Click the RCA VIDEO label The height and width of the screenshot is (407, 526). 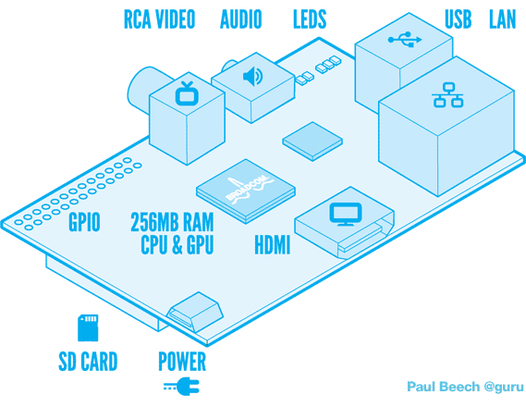(x=159, y=19)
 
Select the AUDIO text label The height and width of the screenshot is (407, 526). (x=240, y=19)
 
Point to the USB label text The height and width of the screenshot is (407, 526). (x=458, y=19)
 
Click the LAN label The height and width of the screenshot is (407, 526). (x=502, y=19)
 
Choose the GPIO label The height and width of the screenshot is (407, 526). (x=84, y=221)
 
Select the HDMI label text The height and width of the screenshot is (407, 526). (x=272, y=245)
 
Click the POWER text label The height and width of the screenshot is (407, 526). (x=182, y=361)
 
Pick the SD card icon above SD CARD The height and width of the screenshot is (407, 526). (x=87, y=327)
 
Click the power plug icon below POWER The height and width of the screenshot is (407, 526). (x=182, y=386)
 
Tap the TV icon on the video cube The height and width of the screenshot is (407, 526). (x=187, y=92)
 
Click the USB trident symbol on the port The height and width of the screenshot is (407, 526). (x=404, y=39)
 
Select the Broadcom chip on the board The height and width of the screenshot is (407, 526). (x=245, y=191)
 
